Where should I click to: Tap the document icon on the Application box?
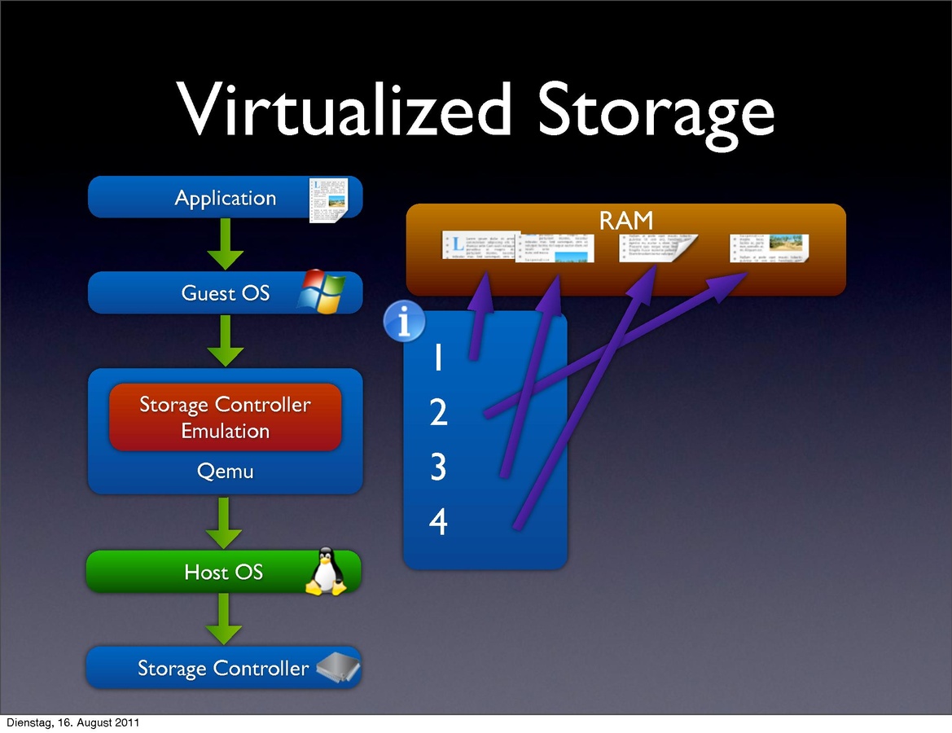coord(329,198)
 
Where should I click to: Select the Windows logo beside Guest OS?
coord(321,292)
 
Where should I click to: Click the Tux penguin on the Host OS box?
coord(326,572)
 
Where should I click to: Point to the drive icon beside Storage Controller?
coord(338,668)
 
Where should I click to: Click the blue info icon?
coord(404,321)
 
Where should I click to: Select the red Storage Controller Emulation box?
coord(225,417)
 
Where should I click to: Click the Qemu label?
coord(225,471)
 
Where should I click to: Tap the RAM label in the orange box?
coord(625,221)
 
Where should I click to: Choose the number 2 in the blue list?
coord(438,414)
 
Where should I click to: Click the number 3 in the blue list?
coord(438,468)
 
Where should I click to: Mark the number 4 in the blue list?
coord(438,522)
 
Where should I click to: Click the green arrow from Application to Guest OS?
coord(225,244)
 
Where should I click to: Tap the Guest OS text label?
coord(225,293)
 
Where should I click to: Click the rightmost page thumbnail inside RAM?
coord(770,248)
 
